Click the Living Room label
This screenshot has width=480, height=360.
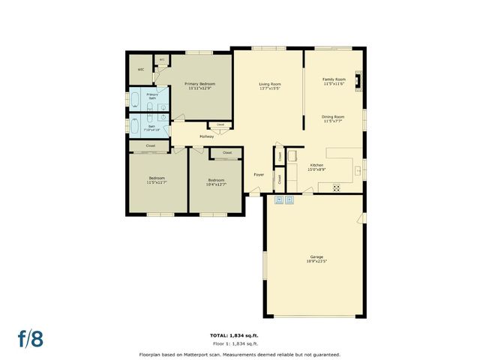(x=269, y=84)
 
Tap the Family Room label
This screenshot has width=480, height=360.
(x=334, y=79)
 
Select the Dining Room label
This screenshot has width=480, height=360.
(x=333, y=117)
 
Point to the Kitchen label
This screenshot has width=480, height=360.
(x=316, y=165)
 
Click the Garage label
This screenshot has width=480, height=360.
(x=315, y=257)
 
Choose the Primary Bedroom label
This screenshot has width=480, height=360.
(x=201, y=84)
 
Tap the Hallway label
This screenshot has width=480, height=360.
(x=207, y=136)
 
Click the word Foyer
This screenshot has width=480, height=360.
(x=258, y=174)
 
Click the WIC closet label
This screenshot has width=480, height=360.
(x=139, y=70)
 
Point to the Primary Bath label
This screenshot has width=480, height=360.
(x=152, y=96)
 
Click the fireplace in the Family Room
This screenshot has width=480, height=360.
(x=358, y=80)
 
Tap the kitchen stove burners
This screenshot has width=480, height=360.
(x=336, y=187)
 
